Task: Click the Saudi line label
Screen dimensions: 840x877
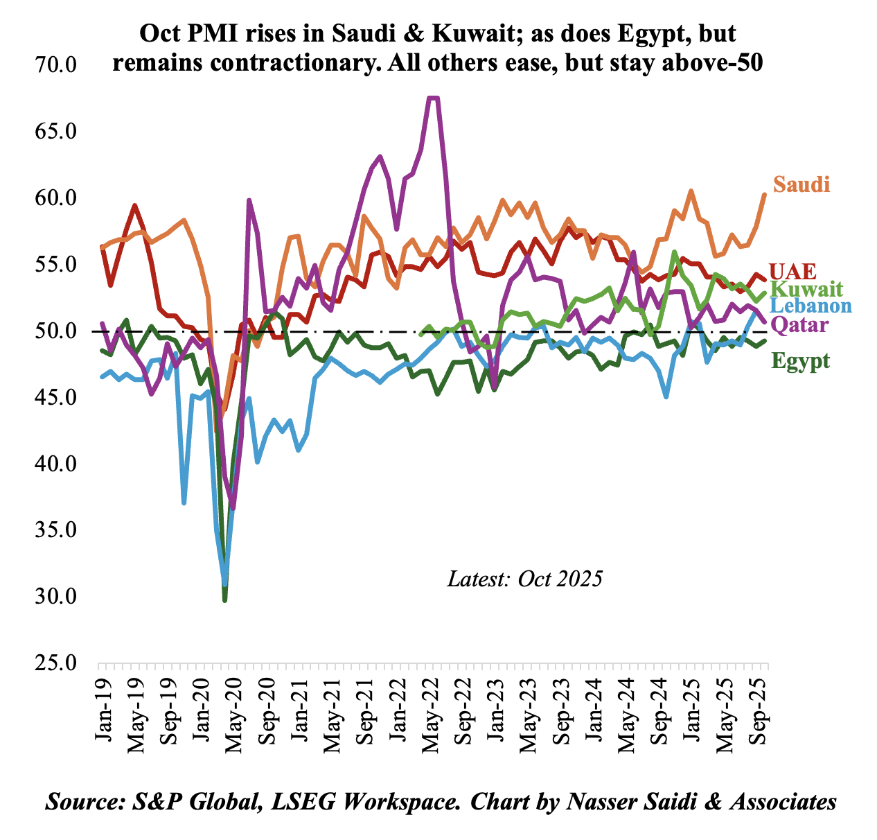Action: (x=801, y=184)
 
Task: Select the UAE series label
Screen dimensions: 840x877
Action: (x=792, y=270)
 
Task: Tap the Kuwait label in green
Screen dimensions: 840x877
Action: (x=806, y=289)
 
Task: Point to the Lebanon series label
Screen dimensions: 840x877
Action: (x=810, y=306)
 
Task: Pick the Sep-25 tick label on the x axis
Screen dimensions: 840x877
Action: (x=763, y=704)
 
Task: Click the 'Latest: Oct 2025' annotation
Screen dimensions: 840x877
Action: (x=524, y=579)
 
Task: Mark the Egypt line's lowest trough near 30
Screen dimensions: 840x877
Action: (x=225, y=600)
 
